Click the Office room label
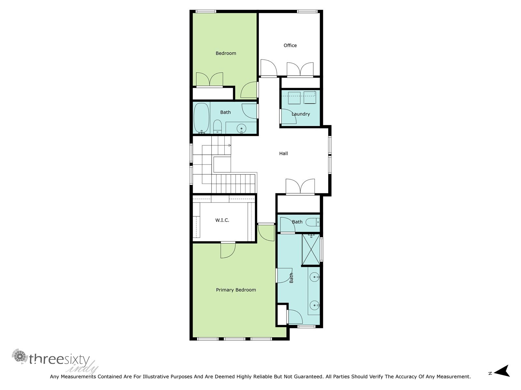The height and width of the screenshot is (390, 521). (x=290, y=45)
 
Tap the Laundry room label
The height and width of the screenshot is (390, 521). (x=301, y=114)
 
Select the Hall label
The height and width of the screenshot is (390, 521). (x=283, y=153)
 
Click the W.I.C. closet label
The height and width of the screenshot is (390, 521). (x=222, y=220)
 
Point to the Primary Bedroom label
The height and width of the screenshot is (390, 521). (x=236, y=290)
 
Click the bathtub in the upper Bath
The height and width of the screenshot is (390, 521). (x=201, y=118)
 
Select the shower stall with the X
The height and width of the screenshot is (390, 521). (x=311, y=250)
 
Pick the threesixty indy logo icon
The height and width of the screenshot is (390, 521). (x=20, y=357)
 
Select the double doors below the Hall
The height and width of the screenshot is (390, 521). (x=300, y=187)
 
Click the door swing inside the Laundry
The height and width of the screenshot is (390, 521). (x=289, y=116)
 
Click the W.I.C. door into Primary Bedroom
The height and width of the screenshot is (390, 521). (x=228, y=250)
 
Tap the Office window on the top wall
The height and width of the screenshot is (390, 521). (x=307, y=12)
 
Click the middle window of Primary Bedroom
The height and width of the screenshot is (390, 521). (x=234, y=339)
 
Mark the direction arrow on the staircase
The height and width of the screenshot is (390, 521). (x=229, y=145)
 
